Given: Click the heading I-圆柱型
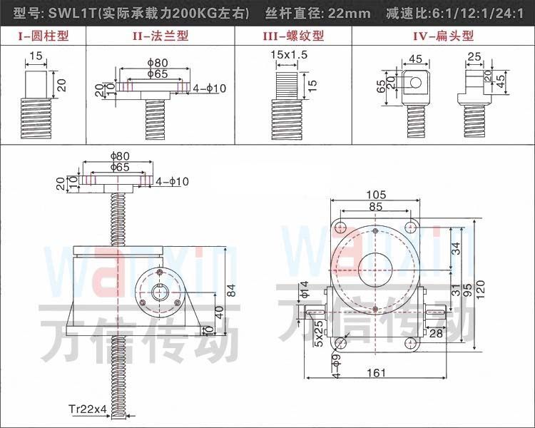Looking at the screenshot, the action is pyautogui.click(x=44, y=36).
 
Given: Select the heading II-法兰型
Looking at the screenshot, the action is pyautogui.click(x=160, y=36).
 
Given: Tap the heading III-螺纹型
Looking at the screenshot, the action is pyautogui.click(x=293, y=36).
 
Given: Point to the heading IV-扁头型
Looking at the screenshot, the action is pyautogui.click(x=443, y=36).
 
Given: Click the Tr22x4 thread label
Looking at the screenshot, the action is pyautogui.click(x=88, y=409).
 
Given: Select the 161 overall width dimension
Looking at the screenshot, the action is pyautogui.click(x=376, y=372).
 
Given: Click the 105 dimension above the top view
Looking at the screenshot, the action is pyautogui.click(x=376, y=195).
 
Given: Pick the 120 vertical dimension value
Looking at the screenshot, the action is pyautogui.click(x=480, y=290).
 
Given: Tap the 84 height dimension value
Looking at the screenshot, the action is pyautogui.click(x=231, y=290).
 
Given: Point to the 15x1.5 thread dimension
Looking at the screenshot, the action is pyautogui.click(x=289, y=55).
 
